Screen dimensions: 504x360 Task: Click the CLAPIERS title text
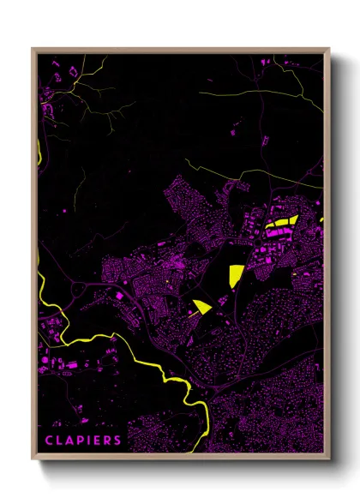[x=83, y=441]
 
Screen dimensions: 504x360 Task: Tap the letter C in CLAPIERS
[x=48, y=441]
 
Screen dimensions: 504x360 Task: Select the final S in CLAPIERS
[x=118, y=441]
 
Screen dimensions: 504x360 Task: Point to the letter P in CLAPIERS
[x=79, y=441]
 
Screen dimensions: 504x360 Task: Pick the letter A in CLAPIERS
[x=69, y=441]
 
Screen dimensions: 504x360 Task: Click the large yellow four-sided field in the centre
[x=236, y=276]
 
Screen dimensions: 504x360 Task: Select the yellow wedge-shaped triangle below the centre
[x=202, y=306]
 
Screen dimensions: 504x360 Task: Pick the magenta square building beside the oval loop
[x=117, y=296]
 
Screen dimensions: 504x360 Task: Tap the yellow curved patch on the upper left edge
[x=39, y=154]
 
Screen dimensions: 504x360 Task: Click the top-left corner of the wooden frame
[x=33, y=50]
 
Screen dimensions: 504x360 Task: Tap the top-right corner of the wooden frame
[x=328, y=50]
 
